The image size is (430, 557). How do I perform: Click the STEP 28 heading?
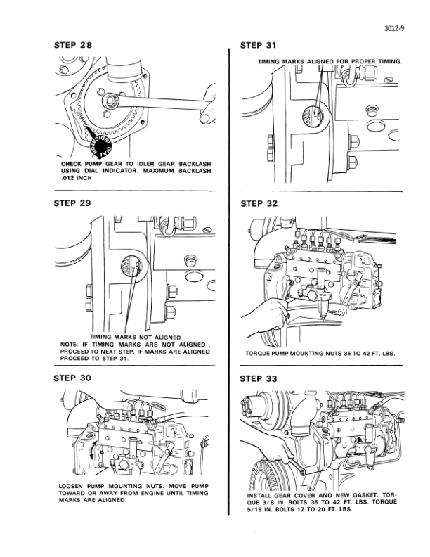(x=73, y=46)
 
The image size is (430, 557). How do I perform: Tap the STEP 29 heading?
(x=73, y=204)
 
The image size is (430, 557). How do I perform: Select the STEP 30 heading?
(x=73, y=378)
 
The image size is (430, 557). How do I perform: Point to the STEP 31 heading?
(x=259, y=46)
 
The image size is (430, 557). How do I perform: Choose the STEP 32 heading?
(x=259, y=204)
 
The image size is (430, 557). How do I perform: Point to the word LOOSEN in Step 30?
(x=75, y=485)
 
